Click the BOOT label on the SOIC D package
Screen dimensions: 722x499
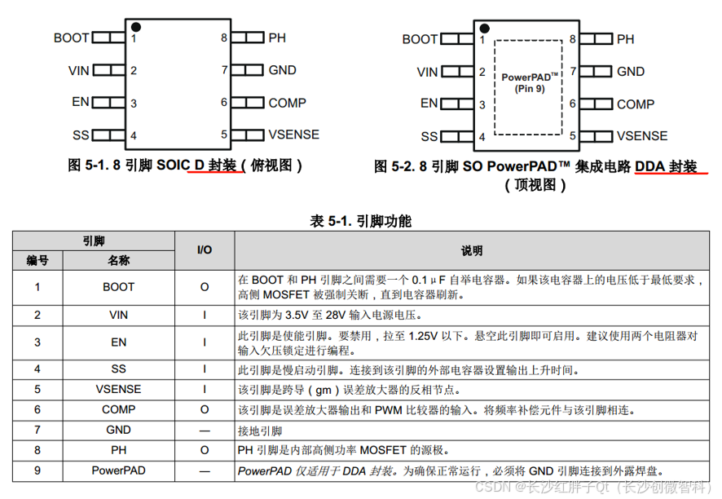(71, 38)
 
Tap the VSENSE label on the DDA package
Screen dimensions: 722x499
(641, 136)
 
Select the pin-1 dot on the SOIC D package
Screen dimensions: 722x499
(135, 27)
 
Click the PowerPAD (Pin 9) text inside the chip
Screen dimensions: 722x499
(530, 82)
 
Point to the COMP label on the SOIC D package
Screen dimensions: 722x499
(287, 103)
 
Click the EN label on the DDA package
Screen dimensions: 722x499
(429, 103)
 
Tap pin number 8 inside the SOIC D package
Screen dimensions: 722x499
(223, 38)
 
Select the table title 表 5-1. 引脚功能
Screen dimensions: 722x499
(361, 221)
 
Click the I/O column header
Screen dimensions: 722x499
(204, 249)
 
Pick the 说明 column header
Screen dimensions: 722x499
(472, 250)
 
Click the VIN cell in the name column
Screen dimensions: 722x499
(118, 315)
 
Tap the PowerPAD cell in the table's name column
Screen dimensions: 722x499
(118, 470)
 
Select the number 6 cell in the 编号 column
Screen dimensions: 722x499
(37, 409)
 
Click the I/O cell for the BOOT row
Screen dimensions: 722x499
(204, 287)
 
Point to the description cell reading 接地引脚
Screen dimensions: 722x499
(260, 430)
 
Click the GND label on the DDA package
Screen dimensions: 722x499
(630, 71)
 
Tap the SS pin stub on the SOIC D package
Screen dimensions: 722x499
(103, 135)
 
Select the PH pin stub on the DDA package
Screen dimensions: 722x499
(601, 38)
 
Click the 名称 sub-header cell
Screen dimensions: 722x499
(118, 260)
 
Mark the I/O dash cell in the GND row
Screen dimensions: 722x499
(204, 430)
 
